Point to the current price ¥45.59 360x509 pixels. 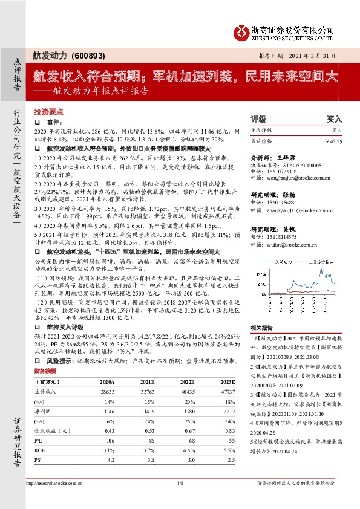332,140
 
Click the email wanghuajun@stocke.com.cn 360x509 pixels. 291,178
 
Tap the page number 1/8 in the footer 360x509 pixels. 179,484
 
